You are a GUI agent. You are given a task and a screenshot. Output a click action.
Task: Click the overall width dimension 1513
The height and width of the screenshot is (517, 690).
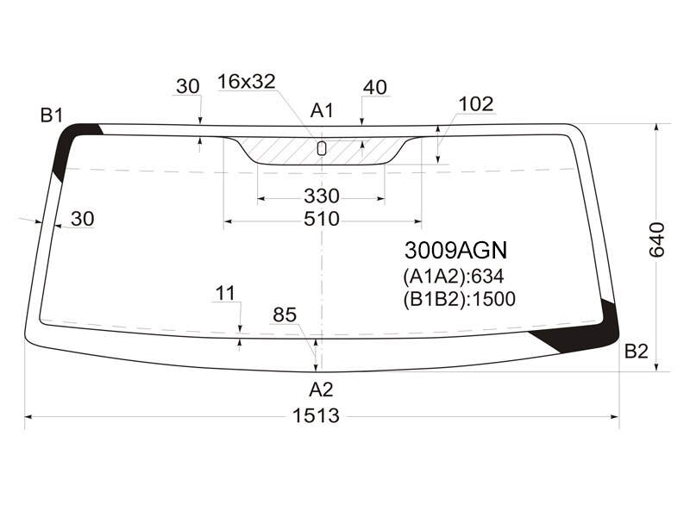(x=316, y=415)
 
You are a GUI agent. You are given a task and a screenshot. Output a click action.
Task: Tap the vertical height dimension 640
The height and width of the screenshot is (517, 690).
(x=657, y=240)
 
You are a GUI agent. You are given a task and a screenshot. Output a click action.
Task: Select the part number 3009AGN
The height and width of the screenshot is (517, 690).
(x=456, y=250)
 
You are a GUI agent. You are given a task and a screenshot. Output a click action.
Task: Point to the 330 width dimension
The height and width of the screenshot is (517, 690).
(x=322, y=196)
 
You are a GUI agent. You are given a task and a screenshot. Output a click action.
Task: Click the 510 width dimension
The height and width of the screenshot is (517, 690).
(x=322, y=219)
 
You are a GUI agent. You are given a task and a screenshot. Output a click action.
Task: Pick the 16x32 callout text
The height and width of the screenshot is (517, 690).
(x=247, y=81)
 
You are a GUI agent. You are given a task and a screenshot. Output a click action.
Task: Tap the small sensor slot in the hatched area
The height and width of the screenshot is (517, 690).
(x=322, y=148)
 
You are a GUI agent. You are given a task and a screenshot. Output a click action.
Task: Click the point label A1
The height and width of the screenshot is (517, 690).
(x=322, y=111)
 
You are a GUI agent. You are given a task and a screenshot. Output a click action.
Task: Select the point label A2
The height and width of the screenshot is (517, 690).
(x=321, y=389)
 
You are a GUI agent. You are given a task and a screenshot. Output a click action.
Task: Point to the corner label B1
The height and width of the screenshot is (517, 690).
(x=52, y=115)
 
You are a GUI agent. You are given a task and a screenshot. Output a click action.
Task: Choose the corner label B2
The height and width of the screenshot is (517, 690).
(x=637, y=352)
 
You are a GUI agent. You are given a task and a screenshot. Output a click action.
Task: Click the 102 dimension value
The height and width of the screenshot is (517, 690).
(x=476, y=104)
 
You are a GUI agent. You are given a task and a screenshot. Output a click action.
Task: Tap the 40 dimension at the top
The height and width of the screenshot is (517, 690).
(x=375, y=88)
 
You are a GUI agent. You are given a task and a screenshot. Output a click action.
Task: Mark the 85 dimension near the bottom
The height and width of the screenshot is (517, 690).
(x=285, y=315)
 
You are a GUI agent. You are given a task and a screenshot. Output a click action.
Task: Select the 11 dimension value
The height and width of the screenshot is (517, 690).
(x=226, y=293)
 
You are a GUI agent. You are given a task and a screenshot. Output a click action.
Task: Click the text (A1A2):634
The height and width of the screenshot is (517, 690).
(x=454, y=276)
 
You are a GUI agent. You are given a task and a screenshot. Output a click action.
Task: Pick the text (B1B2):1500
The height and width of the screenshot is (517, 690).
(x=459, y=299)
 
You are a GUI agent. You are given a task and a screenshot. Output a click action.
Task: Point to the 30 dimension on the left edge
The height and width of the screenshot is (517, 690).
(x=82, y=219)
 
